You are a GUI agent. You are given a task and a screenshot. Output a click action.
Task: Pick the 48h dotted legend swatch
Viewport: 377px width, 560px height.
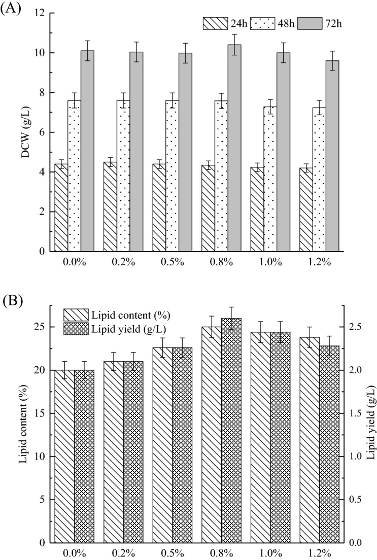pos(263,23)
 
